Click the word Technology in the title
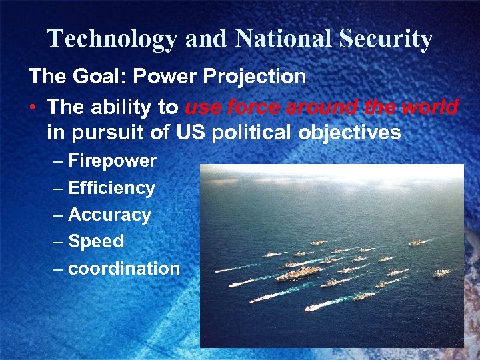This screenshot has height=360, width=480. click(113, 39)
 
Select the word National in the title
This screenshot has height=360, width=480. click(283, 39)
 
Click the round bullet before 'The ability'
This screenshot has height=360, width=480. click(34, 107)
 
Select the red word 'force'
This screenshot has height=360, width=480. click(254, 107)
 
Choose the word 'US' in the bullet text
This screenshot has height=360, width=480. click(190, 133)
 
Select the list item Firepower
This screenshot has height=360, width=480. click(112, 161)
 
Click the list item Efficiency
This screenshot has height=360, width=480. click(111, 188)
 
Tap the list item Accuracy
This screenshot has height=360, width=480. click(109, 215)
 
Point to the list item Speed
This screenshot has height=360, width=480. click(96, 241)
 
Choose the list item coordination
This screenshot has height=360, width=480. click(124, 269)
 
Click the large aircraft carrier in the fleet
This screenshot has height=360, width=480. click(300, 273)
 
